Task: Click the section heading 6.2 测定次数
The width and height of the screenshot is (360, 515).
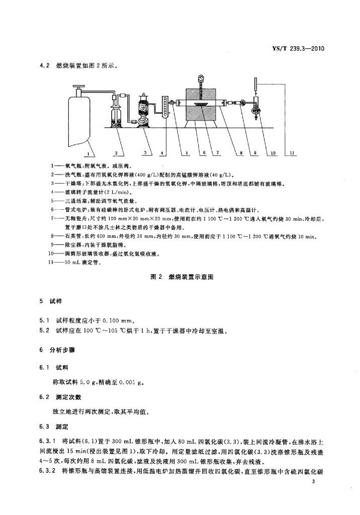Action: click(59, 398)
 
